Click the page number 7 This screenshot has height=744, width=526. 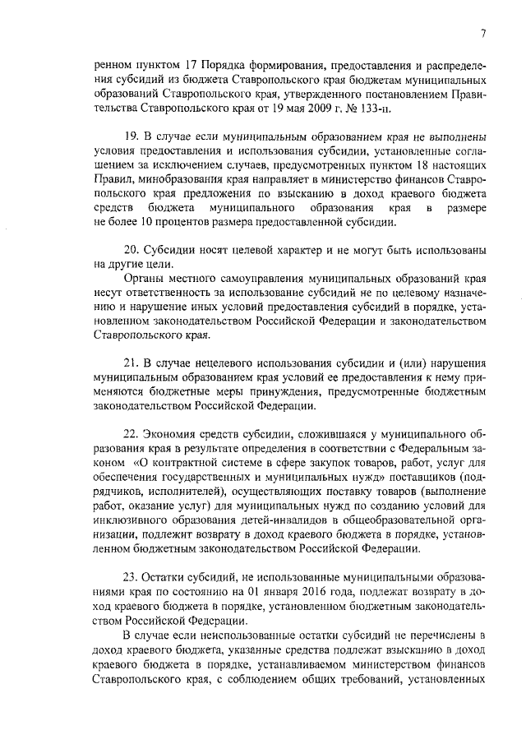pos(484,32)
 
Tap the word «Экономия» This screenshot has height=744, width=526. pos(173,435)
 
